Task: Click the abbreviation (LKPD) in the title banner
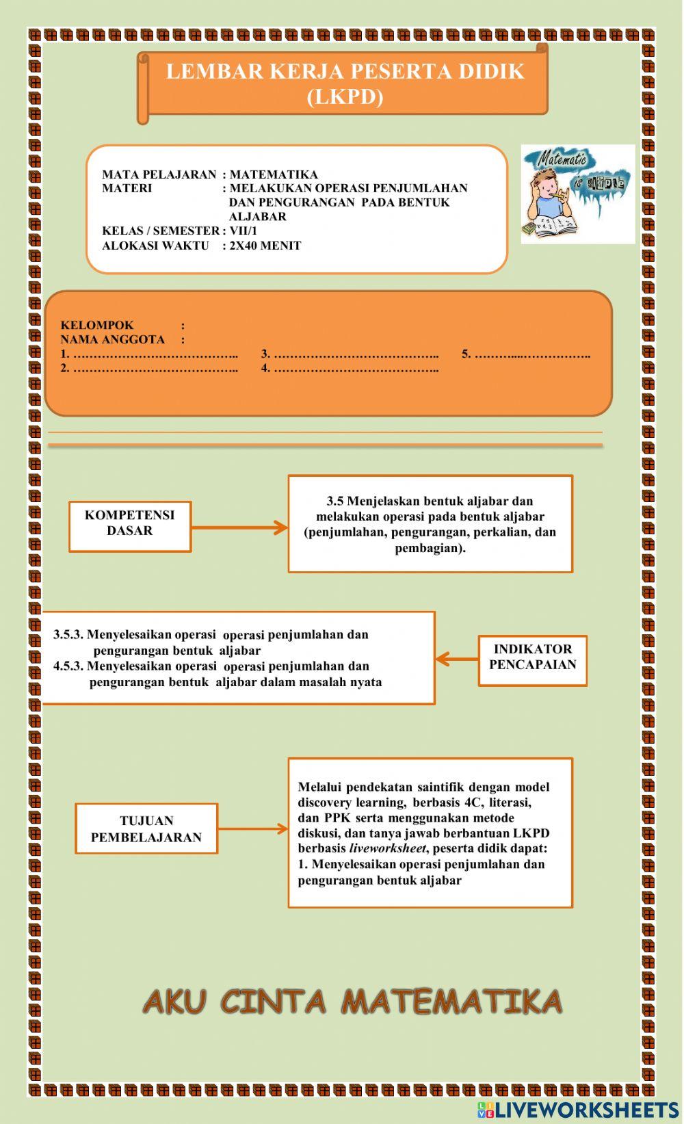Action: [x=345, y=96]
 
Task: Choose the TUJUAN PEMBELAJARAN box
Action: [x=146, y=828]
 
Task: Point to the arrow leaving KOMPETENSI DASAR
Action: [x=239, y=527]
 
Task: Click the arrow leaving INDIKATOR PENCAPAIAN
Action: [x=456, y=659]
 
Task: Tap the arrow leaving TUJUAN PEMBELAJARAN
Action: [x=252, y=828]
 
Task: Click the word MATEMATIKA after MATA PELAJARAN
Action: [x=274, y=174]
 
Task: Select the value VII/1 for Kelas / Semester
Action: [x=244, y=231]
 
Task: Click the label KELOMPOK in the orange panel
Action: [x=97, y=326]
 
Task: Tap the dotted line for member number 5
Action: [x=532, y=355]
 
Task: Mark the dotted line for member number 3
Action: [x=356, y=355]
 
